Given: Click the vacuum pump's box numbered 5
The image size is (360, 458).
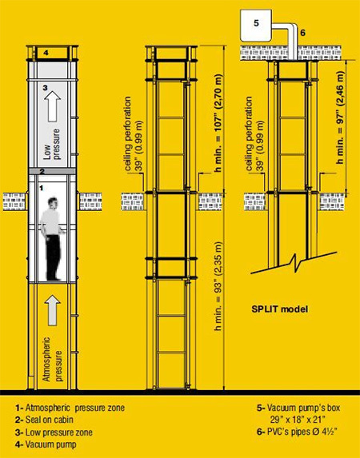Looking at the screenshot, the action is click(256, 26).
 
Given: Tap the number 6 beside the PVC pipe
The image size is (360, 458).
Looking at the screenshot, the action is click(302, 33).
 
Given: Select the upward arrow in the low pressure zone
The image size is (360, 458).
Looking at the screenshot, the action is click(53, 106).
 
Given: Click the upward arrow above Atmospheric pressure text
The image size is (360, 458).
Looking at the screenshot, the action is click(53, 309).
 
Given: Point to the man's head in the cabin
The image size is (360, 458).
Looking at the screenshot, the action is click(53, 203).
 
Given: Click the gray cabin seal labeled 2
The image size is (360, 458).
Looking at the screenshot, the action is click(52, 172).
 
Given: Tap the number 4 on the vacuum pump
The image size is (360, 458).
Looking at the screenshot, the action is click(46, 53).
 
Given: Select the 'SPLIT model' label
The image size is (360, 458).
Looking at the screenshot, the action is click(279, 309).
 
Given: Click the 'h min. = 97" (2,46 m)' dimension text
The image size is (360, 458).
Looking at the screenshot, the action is click(340, 117).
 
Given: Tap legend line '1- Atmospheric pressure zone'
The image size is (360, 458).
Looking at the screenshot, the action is click(70, 408).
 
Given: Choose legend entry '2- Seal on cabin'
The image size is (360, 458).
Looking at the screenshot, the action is click(44, 420).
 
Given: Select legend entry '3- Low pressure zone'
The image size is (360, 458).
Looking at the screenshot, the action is click(54, 432).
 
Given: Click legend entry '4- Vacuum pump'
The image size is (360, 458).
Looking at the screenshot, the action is click(46, 444).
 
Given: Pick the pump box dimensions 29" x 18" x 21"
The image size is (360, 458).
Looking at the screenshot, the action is click(298, 420).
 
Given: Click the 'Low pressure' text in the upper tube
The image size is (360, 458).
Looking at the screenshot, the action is click(52, 145).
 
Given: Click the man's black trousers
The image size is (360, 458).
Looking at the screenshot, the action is click(54, 257).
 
